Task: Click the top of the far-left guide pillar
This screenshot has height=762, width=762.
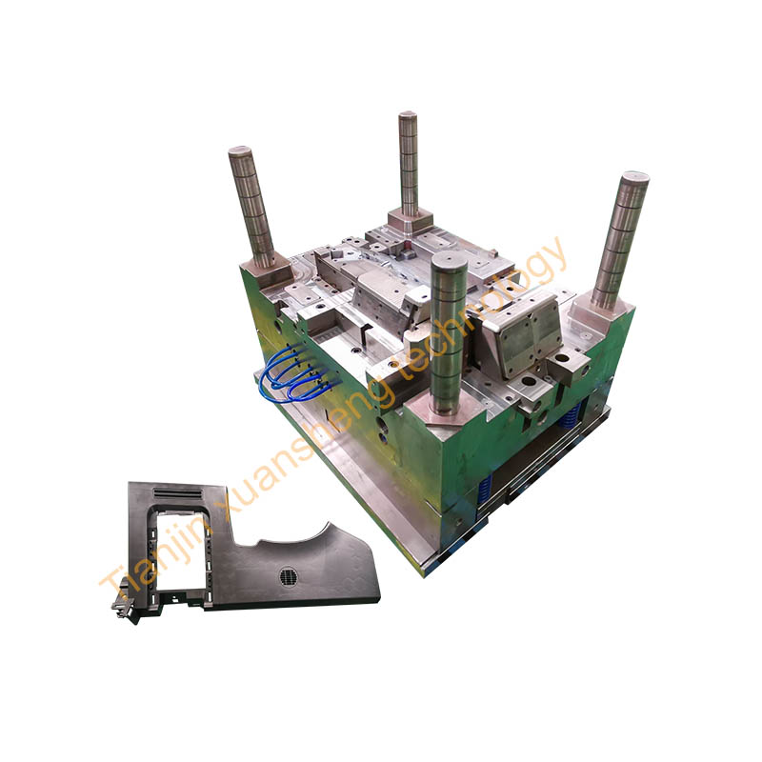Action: pyautogui.click(x=240, y=150)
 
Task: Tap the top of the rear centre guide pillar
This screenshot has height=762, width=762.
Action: pyautogui.click(x=408, y=115)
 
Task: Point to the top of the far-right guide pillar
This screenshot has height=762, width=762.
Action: pyautogui.click(x=634, y=176)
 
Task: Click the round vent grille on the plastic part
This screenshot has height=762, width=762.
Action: pyautogui.click(x=290, y=577)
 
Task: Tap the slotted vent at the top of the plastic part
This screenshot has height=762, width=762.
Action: pyautogui.click(x=177, y=493)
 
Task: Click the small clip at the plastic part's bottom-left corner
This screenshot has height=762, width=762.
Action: pyautogui.click(x=126, y=608)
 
